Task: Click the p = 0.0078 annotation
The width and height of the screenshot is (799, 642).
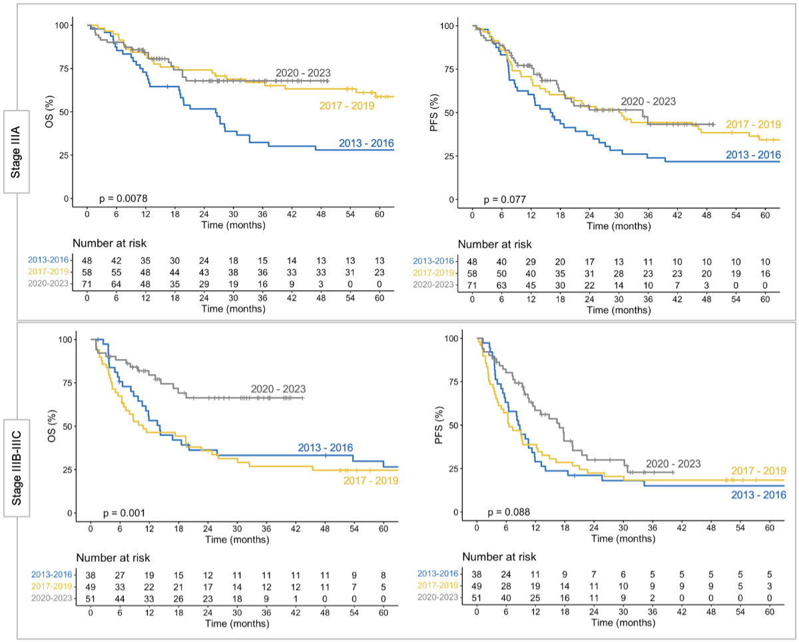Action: click(x=124, y=198)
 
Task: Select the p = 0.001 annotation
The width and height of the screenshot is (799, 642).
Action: click(x=125, y=513)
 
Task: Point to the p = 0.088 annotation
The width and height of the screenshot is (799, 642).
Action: click(x=509, y=512)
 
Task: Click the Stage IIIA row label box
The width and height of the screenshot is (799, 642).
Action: click(x=17, y=151)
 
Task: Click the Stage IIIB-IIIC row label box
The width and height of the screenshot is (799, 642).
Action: click(x=17, y=460)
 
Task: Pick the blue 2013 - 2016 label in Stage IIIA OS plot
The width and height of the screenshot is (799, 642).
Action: click(x=366, y=143)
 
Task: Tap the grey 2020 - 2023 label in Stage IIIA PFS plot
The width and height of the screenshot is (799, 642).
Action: click(x=648, y=102)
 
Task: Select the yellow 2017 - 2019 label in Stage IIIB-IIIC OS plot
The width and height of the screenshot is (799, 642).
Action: click(x=370, y=481)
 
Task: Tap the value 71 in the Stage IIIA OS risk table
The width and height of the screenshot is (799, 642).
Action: click(x=87, y=284)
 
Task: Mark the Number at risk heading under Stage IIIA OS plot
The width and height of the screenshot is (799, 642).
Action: click(x=109, y=244)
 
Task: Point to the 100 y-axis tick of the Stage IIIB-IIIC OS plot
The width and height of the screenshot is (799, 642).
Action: click(x=65, y=339)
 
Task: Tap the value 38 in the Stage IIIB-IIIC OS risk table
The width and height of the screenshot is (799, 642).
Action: click(x=91, y=573)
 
